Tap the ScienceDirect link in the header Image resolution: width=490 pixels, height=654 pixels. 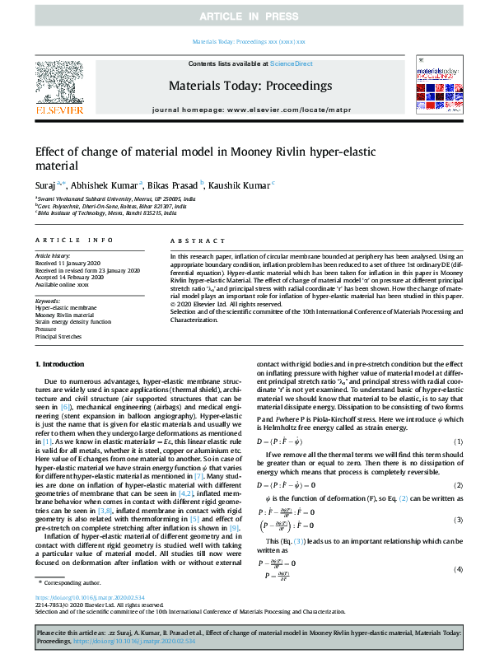pyautogui.click(x=292, y=63)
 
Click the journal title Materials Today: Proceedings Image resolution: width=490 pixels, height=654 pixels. pyautogui.click(x=250, y=86)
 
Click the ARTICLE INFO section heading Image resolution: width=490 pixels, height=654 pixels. pyautogui.click(x=74, y=240)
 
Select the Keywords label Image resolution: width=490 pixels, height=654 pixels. pyautogui.click(x=49, y=301)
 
